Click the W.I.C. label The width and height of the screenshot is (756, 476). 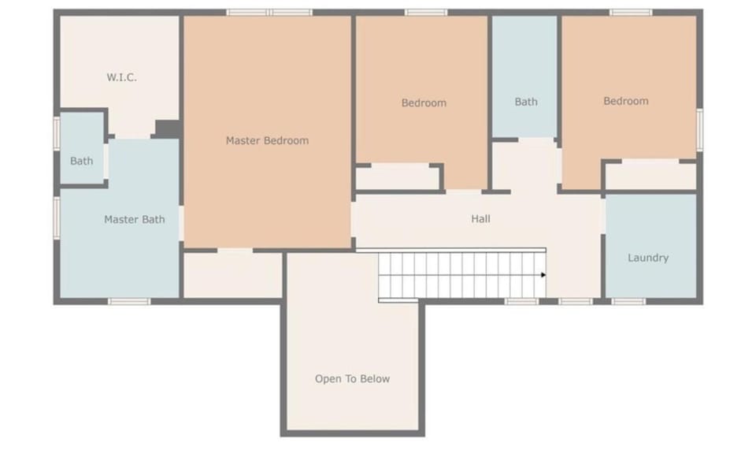pyautogui.click(x=121, y=77)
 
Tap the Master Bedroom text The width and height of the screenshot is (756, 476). pyautogui.click(x=267, y=140)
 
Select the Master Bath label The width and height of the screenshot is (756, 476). pyautogui.click(x=135, y=219)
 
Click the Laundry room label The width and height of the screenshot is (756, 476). pyautogui.click(x=648, y=258)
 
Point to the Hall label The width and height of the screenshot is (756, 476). pyautogui.click(x=480, y=218)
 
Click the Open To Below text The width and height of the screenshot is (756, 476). pyautogui.click(x=352, y=378)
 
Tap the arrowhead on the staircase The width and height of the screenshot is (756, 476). pyautogui.click(x=543, y=275)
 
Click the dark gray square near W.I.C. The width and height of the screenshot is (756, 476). pyautogui.click(x=166, y=128)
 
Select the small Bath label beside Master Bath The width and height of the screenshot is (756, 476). pyautogui.click(x=81, y=161)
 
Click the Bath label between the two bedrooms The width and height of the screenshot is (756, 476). pyautogui.click(x=526, y=101)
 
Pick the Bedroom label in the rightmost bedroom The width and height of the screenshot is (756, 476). pyautogui.click(x=626, y=101)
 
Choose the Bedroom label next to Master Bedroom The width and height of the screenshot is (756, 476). pyautogui.click(x=424, y=102)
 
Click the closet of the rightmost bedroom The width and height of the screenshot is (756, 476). pyautogui.click(x=650, y=176)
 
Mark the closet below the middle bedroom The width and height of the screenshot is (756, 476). pyautogui.click(x=398, y=177)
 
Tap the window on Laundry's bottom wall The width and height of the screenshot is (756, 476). pyautogui.click(x=628, y=301)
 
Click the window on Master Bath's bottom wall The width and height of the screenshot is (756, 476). pyautogui.click(x=128, y=301)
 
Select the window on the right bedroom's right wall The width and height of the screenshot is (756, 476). pyautogui.click(x=699, y=130)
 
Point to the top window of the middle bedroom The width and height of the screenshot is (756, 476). pyautogui.click(x=426, y=13)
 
